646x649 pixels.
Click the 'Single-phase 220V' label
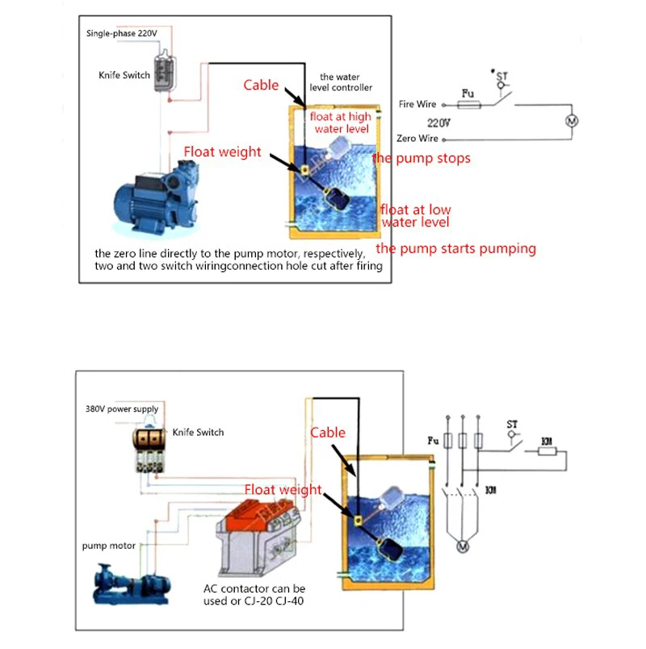pyautogui.click(x=122, y=33)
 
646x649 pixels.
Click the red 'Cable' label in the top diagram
pyautogui.click(x=261, y=85)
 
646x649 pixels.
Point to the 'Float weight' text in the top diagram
pyautogui.click(x=222, y=152)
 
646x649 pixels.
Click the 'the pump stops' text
pyautogui.click(x=422, y=158)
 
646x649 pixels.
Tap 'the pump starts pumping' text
pyautogui.click(x=456, y=249)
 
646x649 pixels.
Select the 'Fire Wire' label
pyautogui.click(x=417, y=104)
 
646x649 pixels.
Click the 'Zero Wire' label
pyautogui.click(x=417, y=138)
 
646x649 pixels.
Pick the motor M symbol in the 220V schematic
pyautogui.click(x=572, y=121)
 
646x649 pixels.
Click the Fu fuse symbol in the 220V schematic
pyautogui.click(x=469, y=105)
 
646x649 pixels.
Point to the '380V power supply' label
pyautogui.click(x=122, y=409)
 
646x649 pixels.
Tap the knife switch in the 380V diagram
pyautogui.click(x=149, y=451)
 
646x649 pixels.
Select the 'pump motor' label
pyautogui.click(x=108, y=546)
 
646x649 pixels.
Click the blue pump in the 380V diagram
pyautogui.click(x=132, y=584)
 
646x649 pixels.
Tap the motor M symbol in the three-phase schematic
pyautogui.click(x=463, y=546)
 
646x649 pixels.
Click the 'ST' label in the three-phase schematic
pyautogui.click(x=512, y=425)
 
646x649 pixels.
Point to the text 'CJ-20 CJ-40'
pyautogui.click(x=274, y=601)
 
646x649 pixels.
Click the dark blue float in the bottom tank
pyautogui.click(x=390, y=549)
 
